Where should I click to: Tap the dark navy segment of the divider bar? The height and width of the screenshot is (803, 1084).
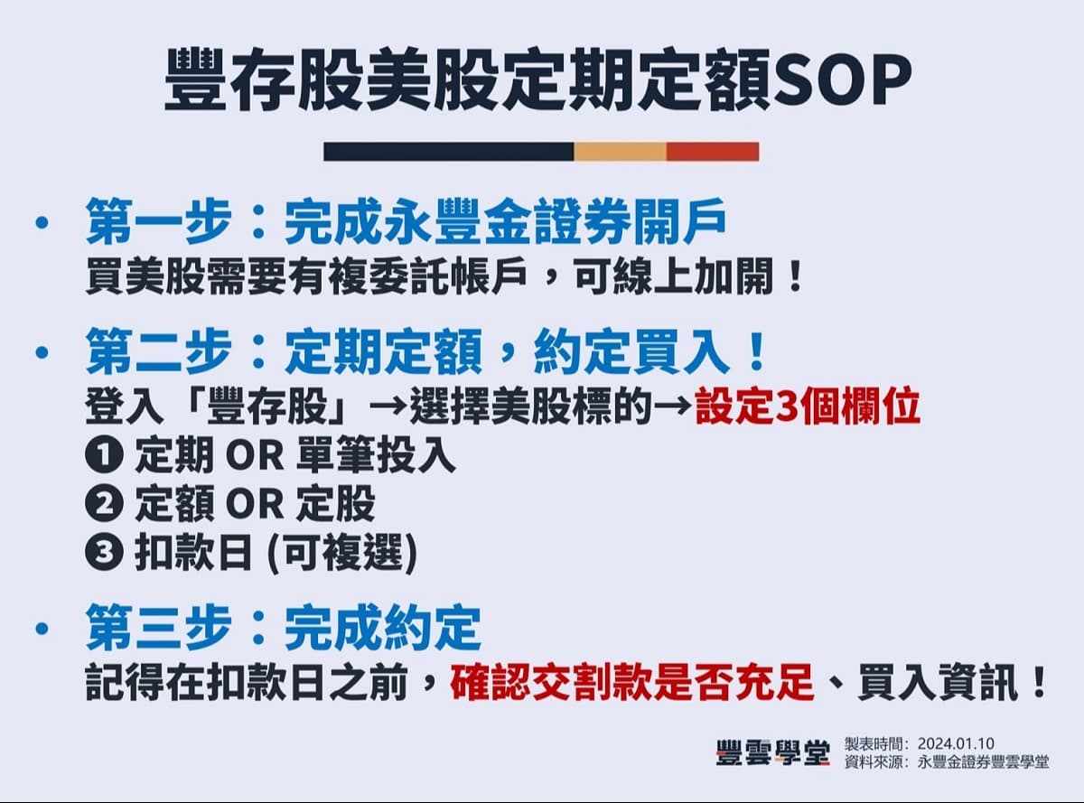tap(448, 152)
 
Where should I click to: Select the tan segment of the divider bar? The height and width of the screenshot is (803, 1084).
tap(620, 152)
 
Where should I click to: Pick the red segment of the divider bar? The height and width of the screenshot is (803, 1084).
tap(713, 152)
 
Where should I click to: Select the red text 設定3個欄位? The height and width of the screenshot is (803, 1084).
tap(808, 408)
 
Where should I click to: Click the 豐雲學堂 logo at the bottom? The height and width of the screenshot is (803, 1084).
tap(772, 752)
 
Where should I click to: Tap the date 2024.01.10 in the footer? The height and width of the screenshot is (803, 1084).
tap(957, 742)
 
